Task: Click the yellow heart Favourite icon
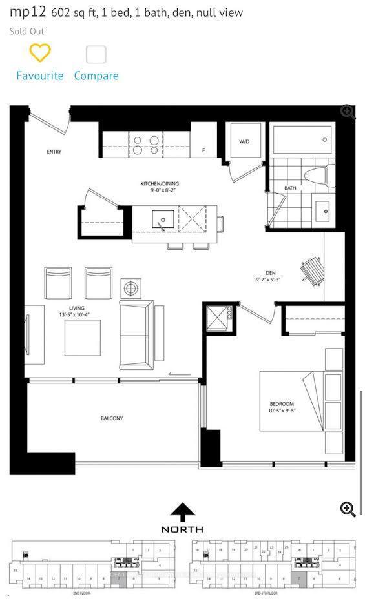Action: [x=40, y=53]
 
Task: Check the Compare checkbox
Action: [x=96, y=54]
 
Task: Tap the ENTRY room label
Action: [x=54, y=152]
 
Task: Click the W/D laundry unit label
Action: [x=244, y=141]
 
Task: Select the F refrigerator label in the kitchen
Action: [x=203, y=150]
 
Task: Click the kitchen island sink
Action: [x=163, y=220]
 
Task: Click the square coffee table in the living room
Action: [x=82, y=338]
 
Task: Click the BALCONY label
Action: [x=111, y=418]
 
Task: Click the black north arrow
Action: [x=182, y=513]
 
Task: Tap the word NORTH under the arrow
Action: [x=182, y=529]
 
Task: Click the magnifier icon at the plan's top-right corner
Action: [x=348, y=112]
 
